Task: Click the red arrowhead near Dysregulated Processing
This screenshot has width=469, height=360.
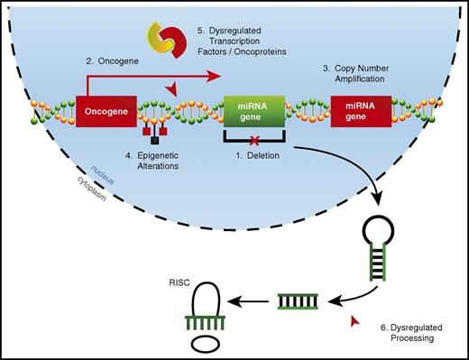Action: coord(352,322)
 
